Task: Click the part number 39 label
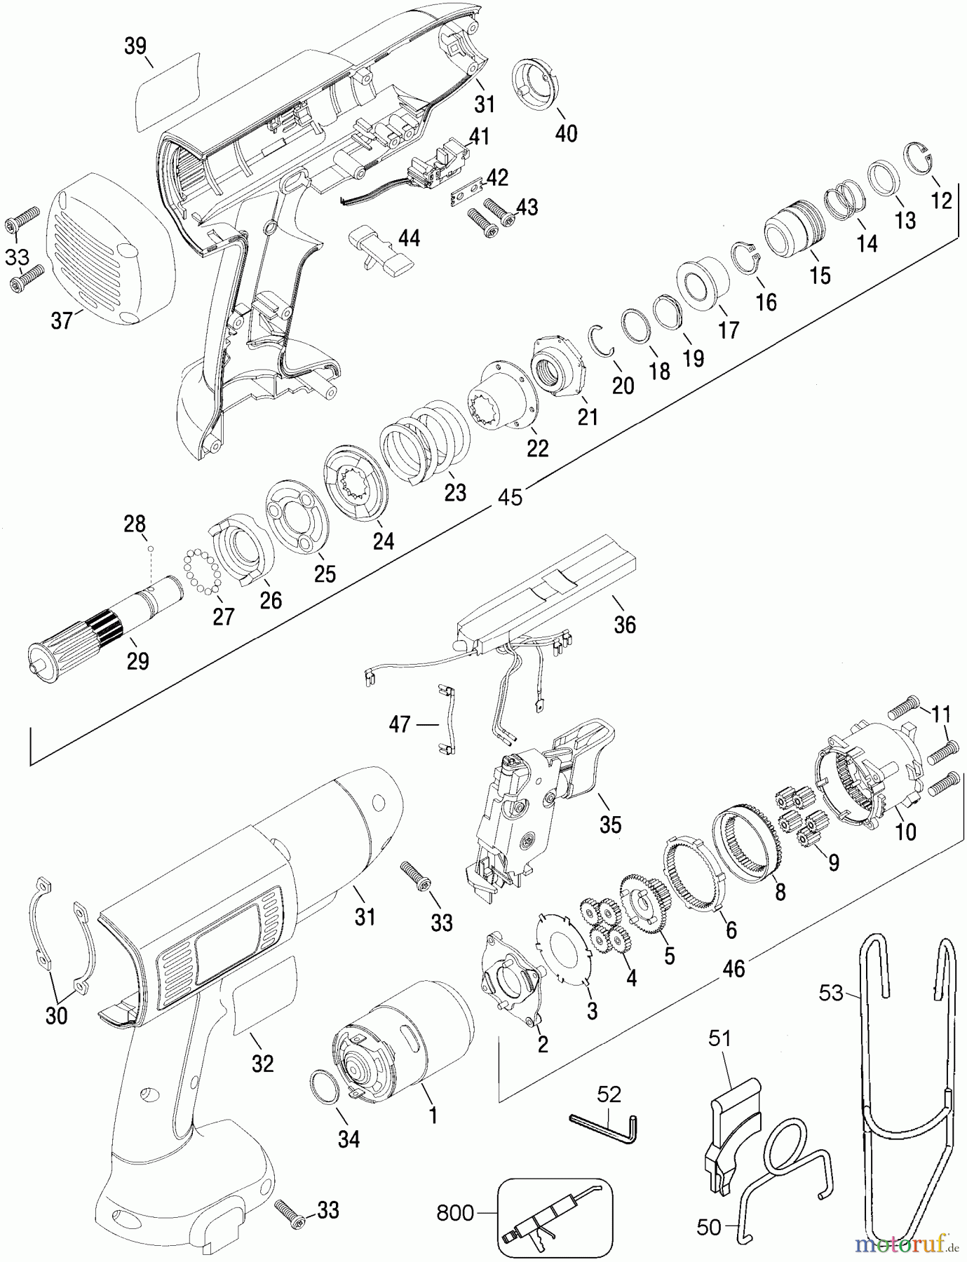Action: coord(135,46)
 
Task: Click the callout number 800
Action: coord(457,1212)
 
